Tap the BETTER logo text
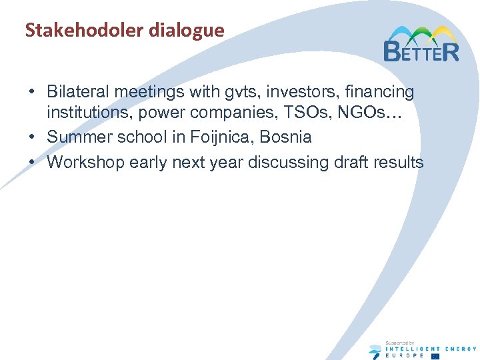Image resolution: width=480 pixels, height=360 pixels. click(x=421, y=51)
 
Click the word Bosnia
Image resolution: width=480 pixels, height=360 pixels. click(x=286, y=137)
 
